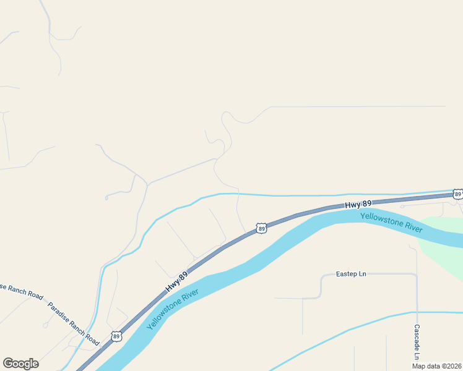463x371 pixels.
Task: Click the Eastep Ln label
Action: tap(351, 273)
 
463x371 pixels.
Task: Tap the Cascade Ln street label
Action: tap(417, 343)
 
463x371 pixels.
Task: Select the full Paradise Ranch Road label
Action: tap(74, 323)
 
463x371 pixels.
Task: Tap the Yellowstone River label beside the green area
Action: tap(391, 223)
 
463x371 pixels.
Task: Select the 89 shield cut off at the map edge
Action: tap(457, 194)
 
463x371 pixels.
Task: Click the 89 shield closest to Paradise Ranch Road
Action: tap(116, 336)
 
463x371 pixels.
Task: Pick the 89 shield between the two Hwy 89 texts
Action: tap(261, 229)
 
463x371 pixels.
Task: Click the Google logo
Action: tap(20, 364)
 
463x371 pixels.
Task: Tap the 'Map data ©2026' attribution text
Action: tap(436, 366)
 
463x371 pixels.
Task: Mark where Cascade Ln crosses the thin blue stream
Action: tap(417, 312)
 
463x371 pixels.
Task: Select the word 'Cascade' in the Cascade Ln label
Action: tap(417, 338)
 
